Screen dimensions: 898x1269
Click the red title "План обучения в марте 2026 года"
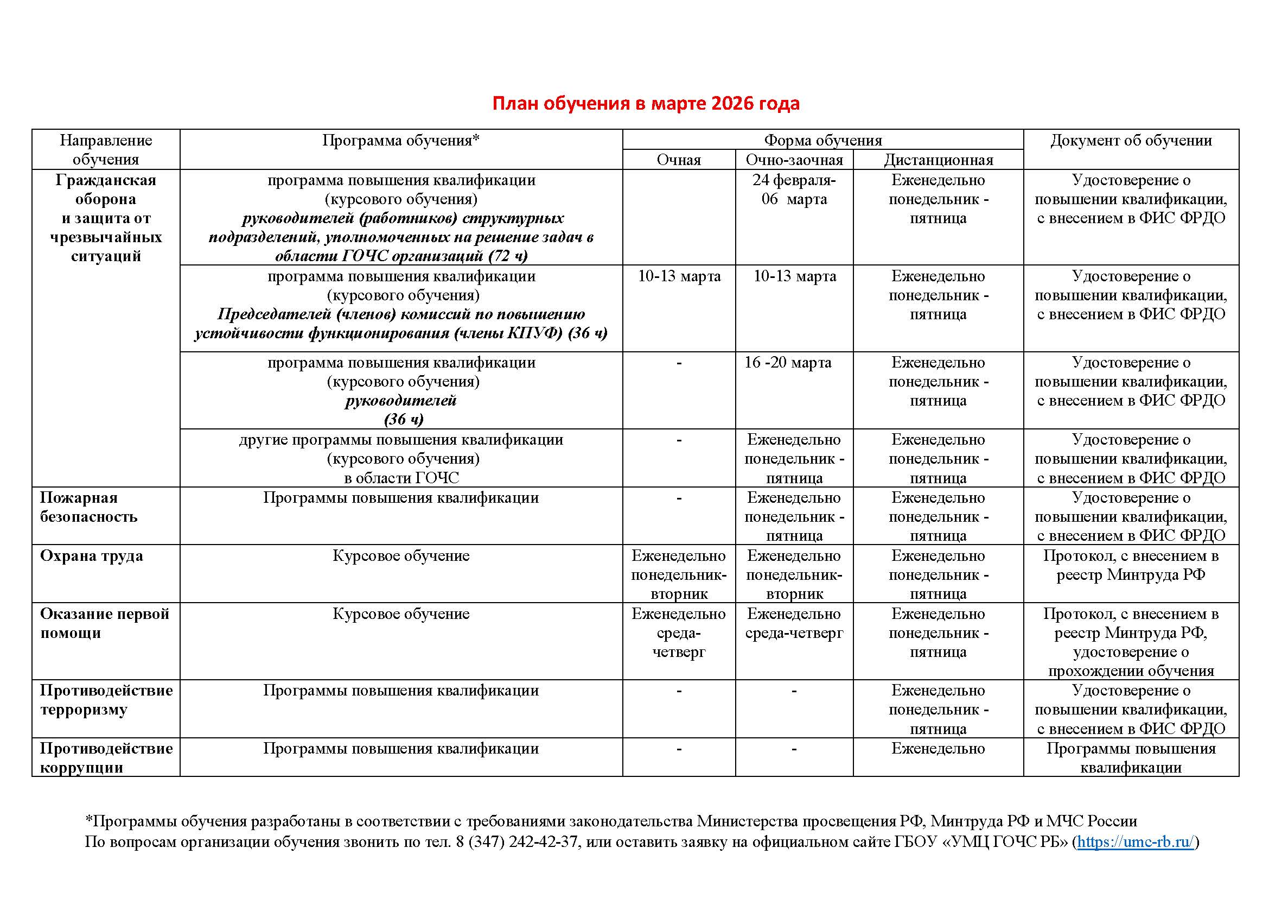pyautogui.click(x=646, y=103)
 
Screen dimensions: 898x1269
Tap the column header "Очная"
pyautogui.click(x=678, y=160)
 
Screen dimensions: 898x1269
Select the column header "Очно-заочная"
pyautogui.click(x=794, y=160)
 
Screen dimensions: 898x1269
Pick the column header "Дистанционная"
pyautogui.click(x=938, y=160)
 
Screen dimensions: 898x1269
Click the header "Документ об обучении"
pyautogui.click(x=1130, y=141)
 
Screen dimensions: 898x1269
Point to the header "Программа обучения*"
pyautogui.click(x=401, y=141)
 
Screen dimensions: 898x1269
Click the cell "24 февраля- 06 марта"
pyautogui.click(x=794, y=189)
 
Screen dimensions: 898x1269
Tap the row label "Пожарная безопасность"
pyautogui.click(x=88, y=507)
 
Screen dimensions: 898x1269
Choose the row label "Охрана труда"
pyautogui.click(x=91, y=556)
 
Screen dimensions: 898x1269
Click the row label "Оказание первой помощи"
pyautogui.click(x=104, y=623)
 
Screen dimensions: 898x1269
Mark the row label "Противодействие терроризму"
pyautogui.click(x=106, y=700)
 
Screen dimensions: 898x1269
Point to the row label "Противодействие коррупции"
pyautogui.click(x=106, y=757)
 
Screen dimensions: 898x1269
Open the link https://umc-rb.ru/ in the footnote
pyautogui.click(x=1135, y=842)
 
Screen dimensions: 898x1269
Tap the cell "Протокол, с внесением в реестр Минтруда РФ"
pyautogui.click(x=1130, y=565)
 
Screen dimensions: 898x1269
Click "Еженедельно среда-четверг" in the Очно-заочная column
pyautogui.click(x=794, y=623)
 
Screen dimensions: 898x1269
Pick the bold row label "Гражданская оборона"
pyautogui.click(x=106, y=189)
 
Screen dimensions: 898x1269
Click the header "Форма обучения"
pyautogui.click(x=822, y=140)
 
